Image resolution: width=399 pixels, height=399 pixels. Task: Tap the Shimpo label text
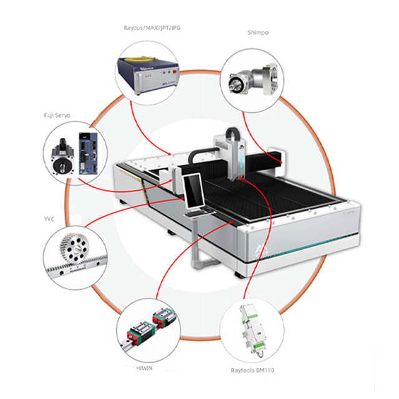[x=257, y=32]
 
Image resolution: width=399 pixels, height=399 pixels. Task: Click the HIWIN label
[x=144, y=370]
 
